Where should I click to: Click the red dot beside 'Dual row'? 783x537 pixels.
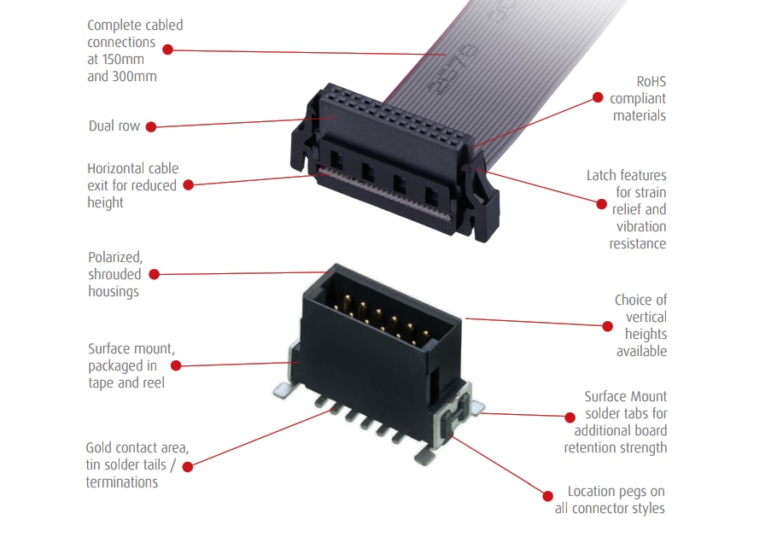[x=150, y=126]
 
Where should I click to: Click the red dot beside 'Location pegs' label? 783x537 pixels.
[x=548, y=493]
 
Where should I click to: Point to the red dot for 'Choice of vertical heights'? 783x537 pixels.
[x=607, y=325]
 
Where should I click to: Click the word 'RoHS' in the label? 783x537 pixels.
[x=651, y=82]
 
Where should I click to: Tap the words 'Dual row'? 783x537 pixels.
[x=114, y=126]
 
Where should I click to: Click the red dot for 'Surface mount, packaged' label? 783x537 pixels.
[x=175, y=365]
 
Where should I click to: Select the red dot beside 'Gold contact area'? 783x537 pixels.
[x=187, y=465]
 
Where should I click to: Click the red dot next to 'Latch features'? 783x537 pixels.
[x=599, y=201]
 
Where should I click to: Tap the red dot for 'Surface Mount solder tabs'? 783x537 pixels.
[x=570, y=417]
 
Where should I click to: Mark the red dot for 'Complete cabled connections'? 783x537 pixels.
[x=167, y=50]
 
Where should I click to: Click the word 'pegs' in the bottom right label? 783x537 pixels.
[x=630, y=492]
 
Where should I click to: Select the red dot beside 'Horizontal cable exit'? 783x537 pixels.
[x=188, y=184]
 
